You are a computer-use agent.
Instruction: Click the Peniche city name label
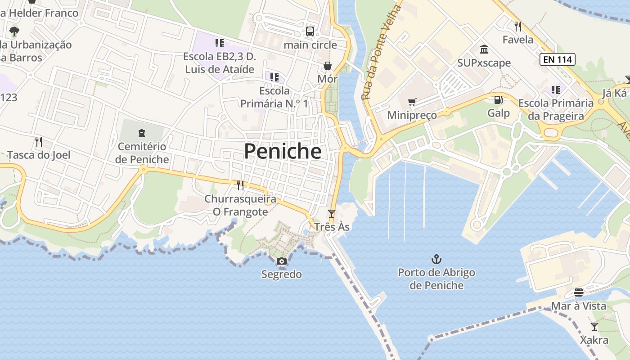(283, 151)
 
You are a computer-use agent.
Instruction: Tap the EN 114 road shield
(558, 59)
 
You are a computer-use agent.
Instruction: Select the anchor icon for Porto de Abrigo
(436, 259)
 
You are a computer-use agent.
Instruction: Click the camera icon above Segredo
(281, 261)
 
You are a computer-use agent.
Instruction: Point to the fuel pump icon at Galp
(498, 100)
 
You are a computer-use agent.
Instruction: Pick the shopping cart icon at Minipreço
(412, 102)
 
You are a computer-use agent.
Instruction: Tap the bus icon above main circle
(310, 31)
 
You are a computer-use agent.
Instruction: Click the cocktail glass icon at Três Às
(332, 213)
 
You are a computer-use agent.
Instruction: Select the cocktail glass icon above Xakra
(594, 327)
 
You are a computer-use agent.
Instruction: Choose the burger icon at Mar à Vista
(578, 293)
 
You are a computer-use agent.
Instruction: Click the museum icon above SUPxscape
(484, 49)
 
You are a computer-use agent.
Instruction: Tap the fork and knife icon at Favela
(518, 26)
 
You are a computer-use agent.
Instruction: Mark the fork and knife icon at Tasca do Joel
(39, 142)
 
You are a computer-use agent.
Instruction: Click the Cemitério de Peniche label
(142, 153)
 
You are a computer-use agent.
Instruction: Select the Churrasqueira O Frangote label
(240, 205)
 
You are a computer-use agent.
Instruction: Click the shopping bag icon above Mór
(328, 66)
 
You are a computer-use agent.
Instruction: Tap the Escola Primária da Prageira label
(556, 109)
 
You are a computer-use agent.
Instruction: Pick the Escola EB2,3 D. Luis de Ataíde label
(220, 63)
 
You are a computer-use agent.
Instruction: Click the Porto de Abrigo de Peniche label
(436, 279)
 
